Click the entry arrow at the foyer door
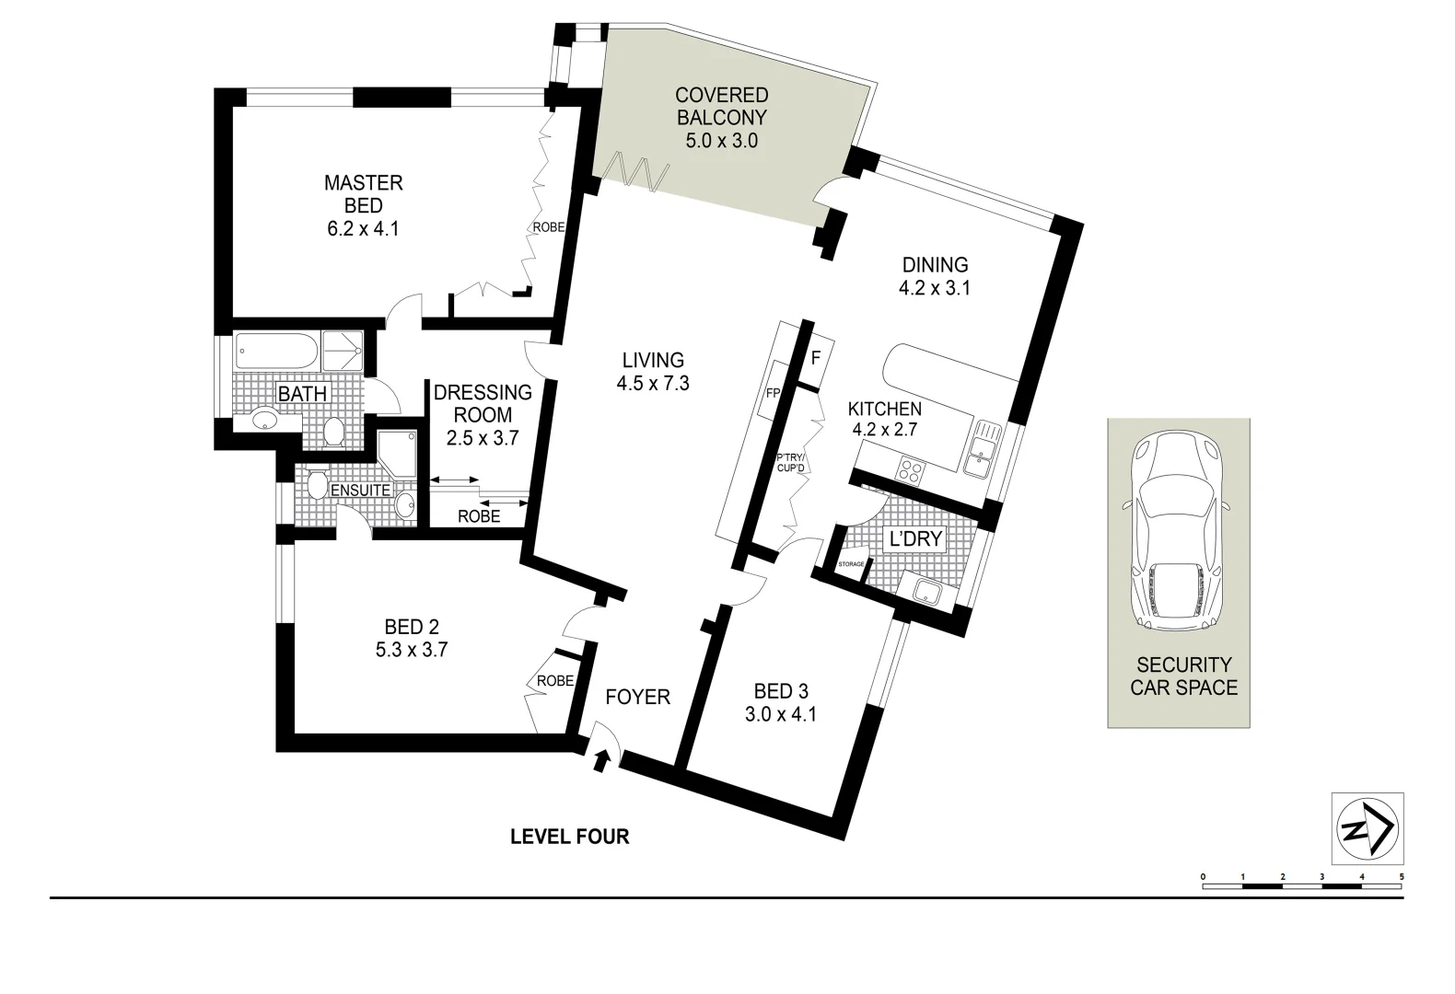tap(602, 759)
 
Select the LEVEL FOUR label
tap(570, 837)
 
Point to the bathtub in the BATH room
tap(276, 351)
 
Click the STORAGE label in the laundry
tap(851, 564)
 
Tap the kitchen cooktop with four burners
tap(911, 471)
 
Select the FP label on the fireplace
tap(773, 393)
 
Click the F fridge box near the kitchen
tap(815, 357)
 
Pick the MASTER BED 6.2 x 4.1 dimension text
tap(363, 228)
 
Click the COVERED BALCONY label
tap(721, 107)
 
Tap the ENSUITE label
tap(360, 491)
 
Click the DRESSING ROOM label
tap(483, 404)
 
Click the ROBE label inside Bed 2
tap(555, 681)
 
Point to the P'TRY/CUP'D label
tap(791, 462)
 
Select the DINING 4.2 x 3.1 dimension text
tap(935, 288)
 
